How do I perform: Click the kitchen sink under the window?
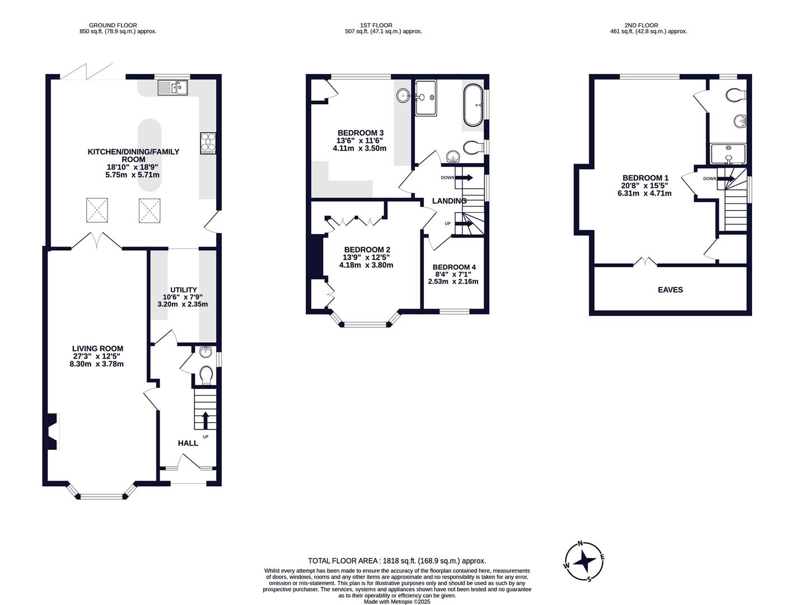pos(173,87)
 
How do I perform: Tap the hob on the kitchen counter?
pos(207,143)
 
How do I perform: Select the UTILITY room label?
pos(184,290)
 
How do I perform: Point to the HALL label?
pos(188,443)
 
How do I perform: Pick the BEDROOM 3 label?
pos(360,133)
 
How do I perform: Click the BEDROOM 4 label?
pos(454,267)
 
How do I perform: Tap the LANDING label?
pos(449,201)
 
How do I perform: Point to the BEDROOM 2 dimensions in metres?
pos(366,266)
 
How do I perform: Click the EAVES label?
pos(670,290)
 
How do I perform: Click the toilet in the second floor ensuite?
pos(736,96)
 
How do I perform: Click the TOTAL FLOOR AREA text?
pos(397,561)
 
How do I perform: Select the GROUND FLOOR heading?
pos(113,25)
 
